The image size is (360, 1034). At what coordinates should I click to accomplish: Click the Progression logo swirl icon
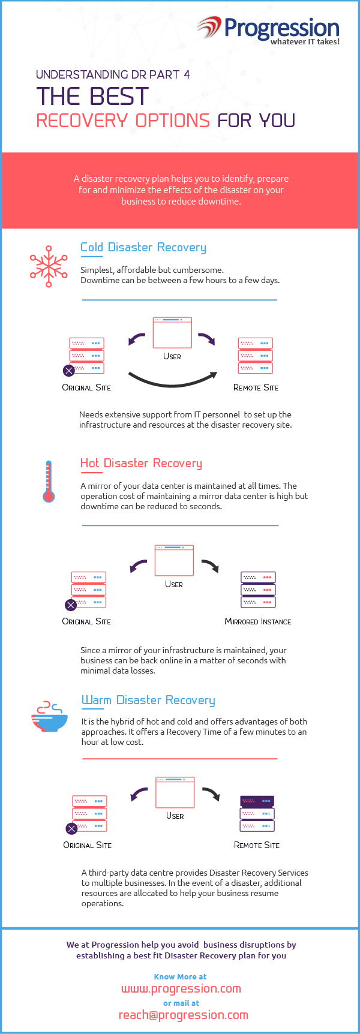tap(209, 28)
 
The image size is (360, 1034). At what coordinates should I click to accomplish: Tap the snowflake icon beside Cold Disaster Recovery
tap(49, 266)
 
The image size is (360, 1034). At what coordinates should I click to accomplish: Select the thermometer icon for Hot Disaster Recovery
tap(49, 481)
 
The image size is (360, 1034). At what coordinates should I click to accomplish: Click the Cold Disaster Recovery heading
tap(143, 247)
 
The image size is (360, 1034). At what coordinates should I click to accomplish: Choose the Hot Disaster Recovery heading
tap(141, 463)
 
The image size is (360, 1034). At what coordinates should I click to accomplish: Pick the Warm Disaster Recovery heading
tap(148, 700)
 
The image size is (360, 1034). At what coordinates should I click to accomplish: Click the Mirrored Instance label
tap(258, 621)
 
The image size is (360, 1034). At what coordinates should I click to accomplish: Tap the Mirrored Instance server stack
tap(258, 590)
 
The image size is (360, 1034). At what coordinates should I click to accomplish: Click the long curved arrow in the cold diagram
tap(173, 381)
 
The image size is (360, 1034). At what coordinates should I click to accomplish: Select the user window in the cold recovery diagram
tap(172, 332)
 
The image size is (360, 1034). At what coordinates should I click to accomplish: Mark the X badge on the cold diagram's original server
tap(69, 371)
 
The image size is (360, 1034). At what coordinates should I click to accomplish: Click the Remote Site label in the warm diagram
tap(257, 845)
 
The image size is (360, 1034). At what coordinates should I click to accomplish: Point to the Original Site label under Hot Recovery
tap(86, 621)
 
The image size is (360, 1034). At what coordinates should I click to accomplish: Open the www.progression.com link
tap(181, 988)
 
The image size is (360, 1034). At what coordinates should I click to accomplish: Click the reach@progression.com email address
tap(184, 1015)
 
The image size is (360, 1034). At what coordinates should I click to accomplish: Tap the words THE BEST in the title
tap(92, 97)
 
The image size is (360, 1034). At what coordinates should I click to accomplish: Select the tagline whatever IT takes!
tap(305, 42)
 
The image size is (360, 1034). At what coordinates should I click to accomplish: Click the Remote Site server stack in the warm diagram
tap(257, 813)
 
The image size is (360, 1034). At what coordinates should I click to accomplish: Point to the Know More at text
tap(180, 976)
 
